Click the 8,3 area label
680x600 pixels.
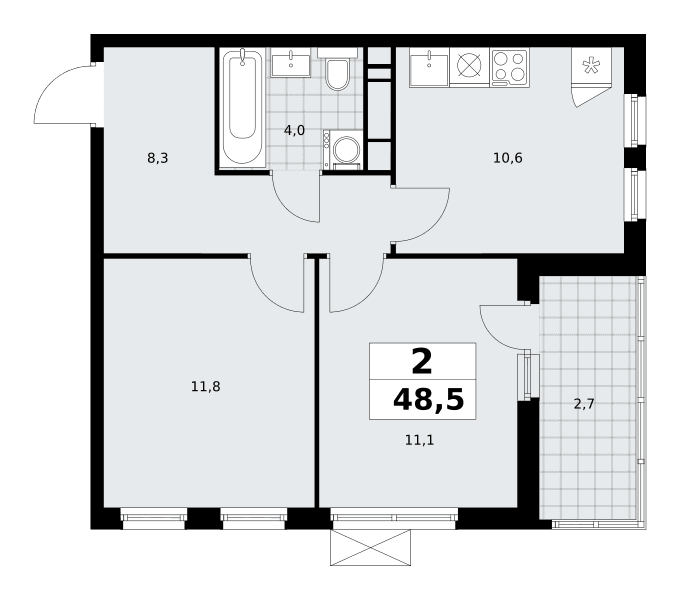point(157,159)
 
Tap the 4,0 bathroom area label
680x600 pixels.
point(294,130)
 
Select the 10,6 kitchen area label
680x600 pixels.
point(508,158)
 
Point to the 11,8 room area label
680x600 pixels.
point(206,386)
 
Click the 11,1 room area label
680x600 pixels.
point(419,440)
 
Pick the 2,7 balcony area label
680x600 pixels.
point(584,405)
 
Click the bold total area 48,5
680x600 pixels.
point(428,400)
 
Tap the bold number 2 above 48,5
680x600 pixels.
point(422,362)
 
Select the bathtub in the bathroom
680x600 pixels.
point(242,108)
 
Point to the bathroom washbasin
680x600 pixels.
point(291,62)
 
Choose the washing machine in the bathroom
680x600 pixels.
point(342,150)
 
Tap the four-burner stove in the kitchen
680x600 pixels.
point(510,68)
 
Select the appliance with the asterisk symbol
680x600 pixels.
point(591,67)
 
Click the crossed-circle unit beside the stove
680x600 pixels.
point(470,67)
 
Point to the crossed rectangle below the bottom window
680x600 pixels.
point(370,547)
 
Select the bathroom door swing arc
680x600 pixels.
point(287,208)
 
